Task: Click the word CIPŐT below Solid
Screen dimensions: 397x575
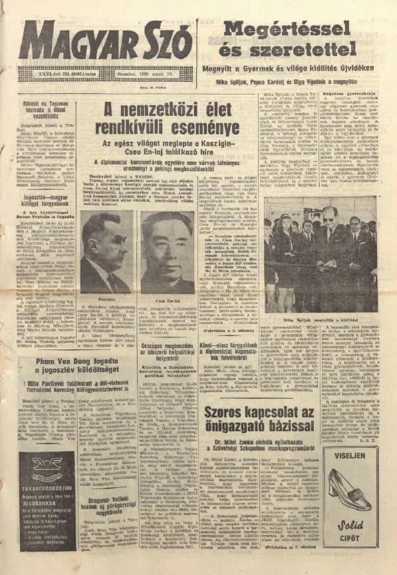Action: pos(352,530)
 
